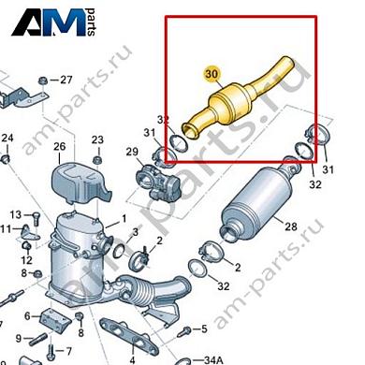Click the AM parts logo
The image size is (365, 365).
coord(53,22)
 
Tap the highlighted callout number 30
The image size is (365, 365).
coord(212,74)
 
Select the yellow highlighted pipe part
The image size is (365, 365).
coord(239,97)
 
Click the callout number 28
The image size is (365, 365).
coord(291,226)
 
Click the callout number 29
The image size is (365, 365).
coord(132,152)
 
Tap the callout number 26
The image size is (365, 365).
coord(60,146)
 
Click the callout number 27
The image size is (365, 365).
coord(66,80)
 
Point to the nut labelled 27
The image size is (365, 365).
coord(42,81)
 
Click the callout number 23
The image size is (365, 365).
coord(97,139)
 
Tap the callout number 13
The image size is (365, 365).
coord(15,214)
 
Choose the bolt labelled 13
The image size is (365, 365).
coord(36,218)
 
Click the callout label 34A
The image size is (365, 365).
coord(213,360)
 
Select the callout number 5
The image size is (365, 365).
coord(204,328)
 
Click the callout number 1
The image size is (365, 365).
coord(124,219)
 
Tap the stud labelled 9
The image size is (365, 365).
coord(38,340)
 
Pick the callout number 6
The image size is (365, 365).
coord(27,316)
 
